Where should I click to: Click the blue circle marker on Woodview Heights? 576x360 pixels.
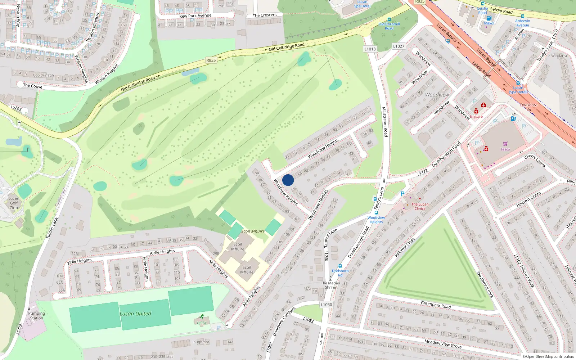(288, 180)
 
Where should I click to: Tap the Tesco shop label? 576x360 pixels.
(505, 149)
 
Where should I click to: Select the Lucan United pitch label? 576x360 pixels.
(135, 314)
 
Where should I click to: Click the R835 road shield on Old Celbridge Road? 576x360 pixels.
(211, 60)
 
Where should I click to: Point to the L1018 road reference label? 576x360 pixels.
(370, 49)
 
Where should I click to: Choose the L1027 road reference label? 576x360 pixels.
(399, 46)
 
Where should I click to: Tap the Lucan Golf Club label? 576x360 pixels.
(14, 203)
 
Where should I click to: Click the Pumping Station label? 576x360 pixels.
(36, 316)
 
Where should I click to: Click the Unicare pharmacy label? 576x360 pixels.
(476, 117)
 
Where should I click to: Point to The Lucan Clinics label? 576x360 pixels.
(420, 206)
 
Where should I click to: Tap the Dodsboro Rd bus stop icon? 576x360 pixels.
(340, 266)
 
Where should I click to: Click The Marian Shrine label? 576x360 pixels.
(330, 285)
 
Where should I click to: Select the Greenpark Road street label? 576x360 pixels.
(436, 305)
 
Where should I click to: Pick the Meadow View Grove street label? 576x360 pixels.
(443, 344)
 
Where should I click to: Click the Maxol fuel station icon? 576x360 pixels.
(489, 18)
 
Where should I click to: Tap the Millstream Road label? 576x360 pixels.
(384, 122)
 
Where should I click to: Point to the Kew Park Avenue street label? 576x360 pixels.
(195, 16)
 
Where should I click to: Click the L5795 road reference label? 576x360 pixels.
(16, 108)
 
